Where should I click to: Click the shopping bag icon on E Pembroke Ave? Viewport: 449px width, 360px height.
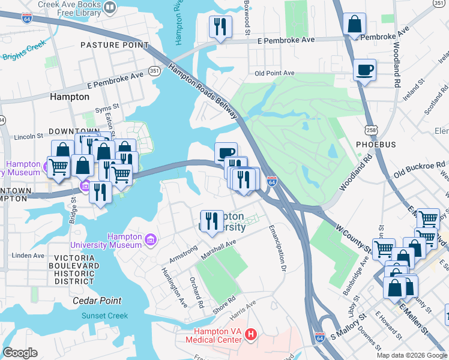[x=355, y=25]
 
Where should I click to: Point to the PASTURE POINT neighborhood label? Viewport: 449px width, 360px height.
[x=114, y=45]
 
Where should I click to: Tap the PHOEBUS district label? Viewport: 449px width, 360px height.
[x=376, y=145]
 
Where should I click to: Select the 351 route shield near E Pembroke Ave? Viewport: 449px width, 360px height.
[x=154, y=71]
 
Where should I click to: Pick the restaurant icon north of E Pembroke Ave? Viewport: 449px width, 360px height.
[x=220, y=27]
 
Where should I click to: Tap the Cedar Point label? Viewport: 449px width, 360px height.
[x=97, y=301]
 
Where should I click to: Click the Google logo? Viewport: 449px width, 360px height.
[x=20, y=352]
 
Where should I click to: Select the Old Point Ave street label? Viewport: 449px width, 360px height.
[x=274, y=73]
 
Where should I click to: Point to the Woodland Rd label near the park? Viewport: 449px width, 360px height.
[x=356, y=173]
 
